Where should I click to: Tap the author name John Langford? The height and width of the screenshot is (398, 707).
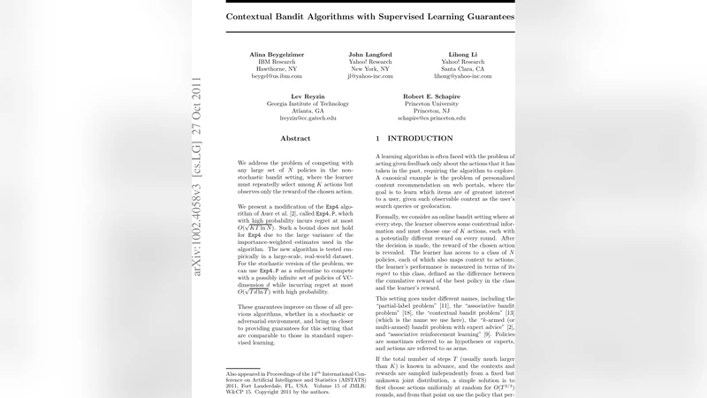tap(370, 54)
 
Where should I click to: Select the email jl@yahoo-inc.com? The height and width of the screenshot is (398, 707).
tap(370, 77)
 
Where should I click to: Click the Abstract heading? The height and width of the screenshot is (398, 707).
tap(295, 139)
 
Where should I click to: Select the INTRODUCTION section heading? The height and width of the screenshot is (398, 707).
tap(408, 139)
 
